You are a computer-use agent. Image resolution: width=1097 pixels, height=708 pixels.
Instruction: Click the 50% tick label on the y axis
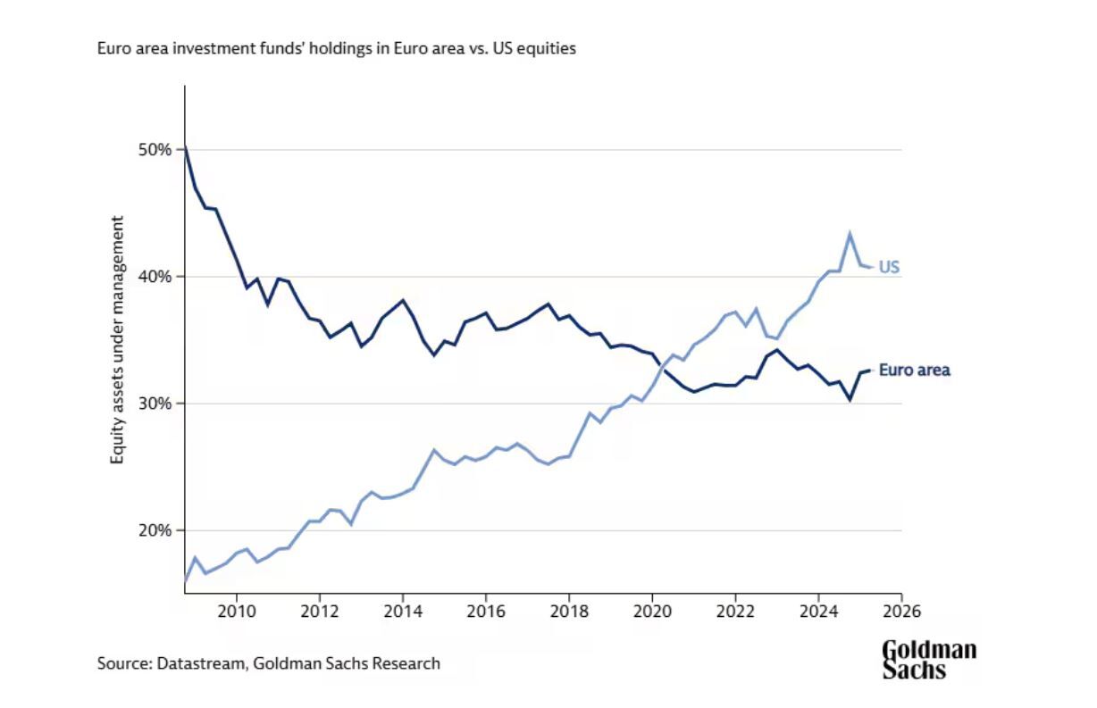[154, 149]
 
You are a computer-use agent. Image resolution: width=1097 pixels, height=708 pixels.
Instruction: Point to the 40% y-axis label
[154, 277]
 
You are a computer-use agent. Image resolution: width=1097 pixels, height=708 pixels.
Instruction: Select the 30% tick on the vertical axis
[154, 404]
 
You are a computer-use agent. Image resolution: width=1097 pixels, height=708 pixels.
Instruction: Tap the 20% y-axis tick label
[154, 530]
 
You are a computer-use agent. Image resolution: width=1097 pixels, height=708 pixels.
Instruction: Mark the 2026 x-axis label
[901, 612]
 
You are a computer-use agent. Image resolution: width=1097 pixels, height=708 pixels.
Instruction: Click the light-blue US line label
[889, 267]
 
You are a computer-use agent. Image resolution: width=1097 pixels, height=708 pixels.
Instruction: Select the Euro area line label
[915, 370]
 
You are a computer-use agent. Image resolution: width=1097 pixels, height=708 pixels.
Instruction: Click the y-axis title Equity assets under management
[117, 339]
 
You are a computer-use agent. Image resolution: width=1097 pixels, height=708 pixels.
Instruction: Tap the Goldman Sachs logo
[929, 660]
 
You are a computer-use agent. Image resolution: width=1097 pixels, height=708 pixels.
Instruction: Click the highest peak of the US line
[850, 235]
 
